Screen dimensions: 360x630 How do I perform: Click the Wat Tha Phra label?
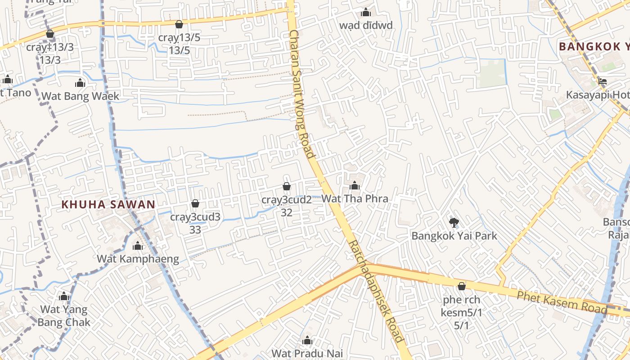(355, 198)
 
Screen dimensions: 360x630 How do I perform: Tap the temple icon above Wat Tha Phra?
(355, 185)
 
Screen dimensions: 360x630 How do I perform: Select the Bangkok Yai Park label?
(454, 236)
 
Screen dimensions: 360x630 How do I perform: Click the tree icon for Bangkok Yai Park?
(454, 222)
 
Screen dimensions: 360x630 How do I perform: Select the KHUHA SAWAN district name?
(108, 204)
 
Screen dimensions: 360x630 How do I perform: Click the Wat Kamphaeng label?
(138, 259)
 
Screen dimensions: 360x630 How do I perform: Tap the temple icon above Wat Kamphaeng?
(138, 246)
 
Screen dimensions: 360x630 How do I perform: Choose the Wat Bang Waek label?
(81, 96)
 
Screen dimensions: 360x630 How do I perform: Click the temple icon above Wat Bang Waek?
(80, 83)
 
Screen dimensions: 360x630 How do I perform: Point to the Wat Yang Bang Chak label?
(64, 316)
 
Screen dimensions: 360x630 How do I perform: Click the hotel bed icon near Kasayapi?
(603, 81)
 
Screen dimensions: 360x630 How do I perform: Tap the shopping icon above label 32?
(287, 186)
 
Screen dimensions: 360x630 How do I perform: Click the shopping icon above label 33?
(195, 204)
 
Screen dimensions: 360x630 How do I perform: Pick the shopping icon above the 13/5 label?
(179, 24)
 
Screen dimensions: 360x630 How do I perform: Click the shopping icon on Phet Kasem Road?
(461, 286)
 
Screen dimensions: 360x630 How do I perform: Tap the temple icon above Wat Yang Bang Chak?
(64, 297)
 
